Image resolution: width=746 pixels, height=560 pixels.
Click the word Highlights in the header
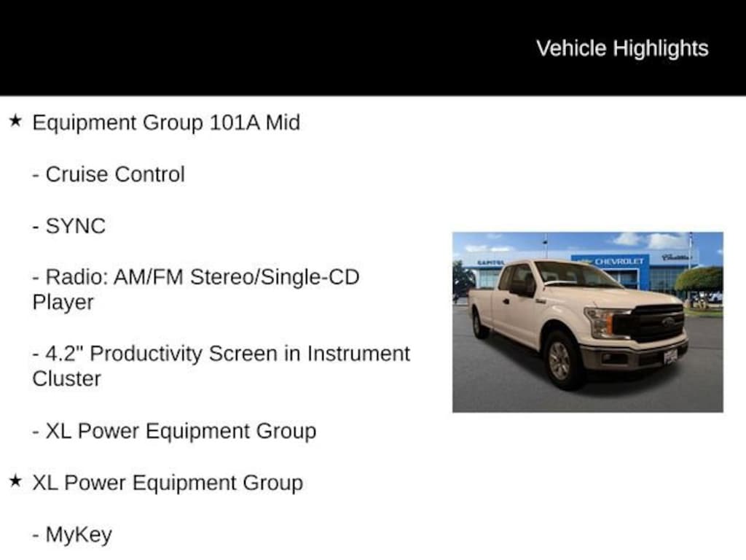tap(660, 49)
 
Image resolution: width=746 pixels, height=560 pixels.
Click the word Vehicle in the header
tap(571, 48)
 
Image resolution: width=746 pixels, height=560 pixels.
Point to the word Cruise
tap(76, 174)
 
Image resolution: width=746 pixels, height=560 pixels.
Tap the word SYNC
tap(76, 226)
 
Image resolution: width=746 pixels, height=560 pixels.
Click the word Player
tap(63, 303)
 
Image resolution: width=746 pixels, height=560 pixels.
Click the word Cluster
tap(66, 379)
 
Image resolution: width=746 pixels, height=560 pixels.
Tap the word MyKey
tap(79, 534)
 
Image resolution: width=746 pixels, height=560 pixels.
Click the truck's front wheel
tap(560, 359)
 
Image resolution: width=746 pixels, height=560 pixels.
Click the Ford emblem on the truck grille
tap(668, 321)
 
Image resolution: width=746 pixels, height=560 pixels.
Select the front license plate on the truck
tap(670, 357)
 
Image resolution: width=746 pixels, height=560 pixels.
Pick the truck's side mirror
tap(522, 287)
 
